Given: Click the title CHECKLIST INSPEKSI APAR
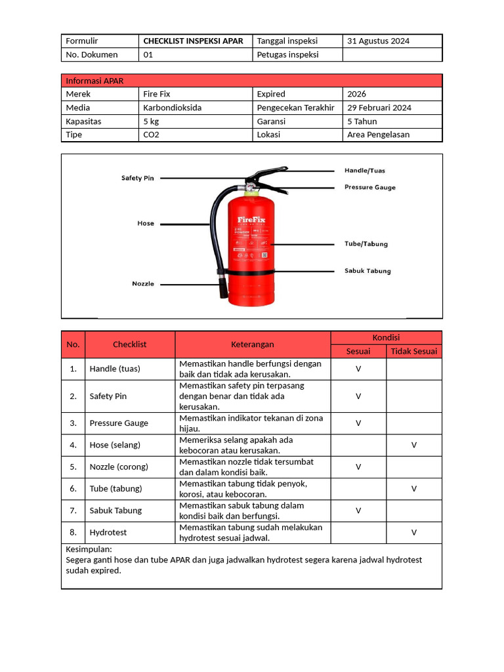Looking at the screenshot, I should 193,41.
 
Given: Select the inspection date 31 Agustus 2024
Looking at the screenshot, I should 378,41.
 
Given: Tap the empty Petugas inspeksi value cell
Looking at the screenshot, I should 392,54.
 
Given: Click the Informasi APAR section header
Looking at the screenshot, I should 94,81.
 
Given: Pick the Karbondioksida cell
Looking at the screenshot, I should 173,108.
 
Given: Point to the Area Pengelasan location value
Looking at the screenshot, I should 378,135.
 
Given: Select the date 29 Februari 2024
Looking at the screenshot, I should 379,108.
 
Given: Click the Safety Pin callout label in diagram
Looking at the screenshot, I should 137,178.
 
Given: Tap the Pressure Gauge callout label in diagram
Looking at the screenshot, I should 370,187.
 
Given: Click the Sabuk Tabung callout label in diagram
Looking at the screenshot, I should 367,270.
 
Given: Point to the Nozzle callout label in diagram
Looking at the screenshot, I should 143,283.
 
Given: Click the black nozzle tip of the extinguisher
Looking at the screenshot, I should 223,288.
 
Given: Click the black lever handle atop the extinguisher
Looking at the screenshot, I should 268,174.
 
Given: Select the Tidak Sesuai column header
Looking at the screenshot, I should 413,351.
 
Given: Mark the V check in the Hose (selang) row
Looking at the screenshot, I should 413,445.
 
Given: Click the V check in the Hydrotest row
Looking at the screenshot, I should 413,532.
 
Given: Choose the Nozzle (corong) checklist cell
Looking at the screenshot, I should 119,467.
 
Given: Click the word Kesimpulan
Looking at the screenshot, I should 89,549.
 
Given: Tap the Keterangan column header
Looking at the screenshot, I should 252,344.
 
